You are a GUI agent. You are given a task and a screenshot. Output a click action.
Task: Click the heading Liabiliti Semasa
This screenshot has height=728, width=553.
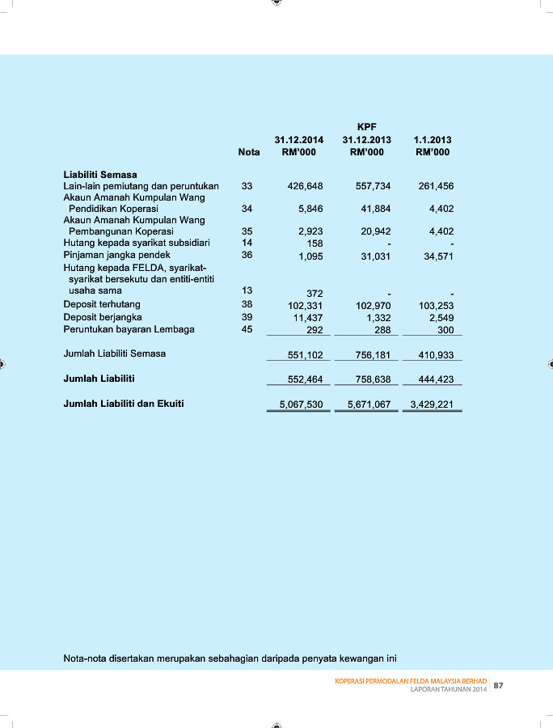click(x=100, y=174)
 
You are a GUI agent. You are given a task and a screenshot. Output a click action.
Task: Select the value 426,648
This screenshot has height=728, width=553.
click(x=306, y=186)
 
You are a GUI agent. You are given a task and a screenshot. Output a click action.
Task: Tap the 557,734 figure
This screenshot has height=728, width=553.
click(x=374, y=186)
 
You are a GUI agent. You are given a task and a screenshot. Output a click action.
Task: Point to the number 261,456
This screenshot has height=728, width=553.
click(x=437, y=186)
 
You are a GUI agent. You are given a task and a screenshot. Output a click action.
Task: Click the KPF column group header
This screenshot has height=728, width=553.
click(x=366, y=127)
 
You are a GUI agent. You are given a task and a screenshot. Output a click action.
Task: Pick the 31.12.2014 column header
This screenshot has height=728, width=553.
click(x=299, y=140)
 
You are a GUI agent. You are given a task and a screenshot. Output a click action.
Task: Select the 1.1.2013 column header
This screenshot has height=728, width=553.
click(x=433, y=140)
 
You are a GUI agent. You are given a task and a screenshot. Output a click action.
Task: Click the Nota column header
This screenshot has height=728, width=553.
click(x=249, y=152)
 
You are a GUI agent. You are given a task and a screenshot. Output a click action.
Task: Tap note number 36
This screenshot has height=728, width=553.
click(x=247, y=255)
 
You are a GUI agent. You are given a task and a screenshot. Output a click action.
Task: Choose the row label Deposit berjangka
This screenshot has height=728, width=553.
click(x=103, y=317)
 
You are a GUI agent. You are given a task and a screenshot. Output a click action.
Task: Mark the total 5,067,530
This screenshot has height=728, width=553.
click(x=299, y=404)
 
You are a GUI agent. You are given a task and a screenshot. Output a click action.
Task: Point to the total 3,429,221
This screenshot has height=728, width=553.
click(x=432, y=404)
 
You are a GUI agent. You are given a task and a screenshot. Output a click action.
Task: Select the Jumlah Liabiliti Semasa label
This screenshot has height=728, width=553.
click(x=115, y=353)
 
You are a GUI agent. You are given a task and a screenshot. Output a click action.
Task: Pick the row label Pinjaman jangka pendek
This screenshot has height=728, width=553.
click(x=117, y=255)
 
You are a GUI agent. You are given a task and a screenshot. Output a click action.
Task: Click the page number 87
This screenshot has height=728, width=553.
click(x=499, y=686)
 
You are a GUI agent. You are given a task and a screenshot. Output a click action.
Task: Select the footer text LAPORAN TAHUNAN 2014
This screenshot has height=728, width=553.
click(x=449, y=688)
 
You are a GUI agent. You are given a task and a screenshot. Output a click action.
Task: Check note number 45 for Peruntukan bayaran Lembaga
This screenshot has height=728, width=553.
click(x=247, y=329)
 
